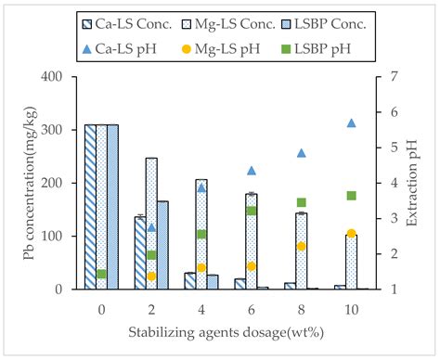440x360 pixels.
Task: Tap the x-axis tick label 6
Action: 251,305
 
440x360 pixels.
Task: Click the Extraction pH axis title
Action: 423,182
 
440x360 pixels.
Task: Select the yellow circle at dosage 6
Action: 251,266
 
